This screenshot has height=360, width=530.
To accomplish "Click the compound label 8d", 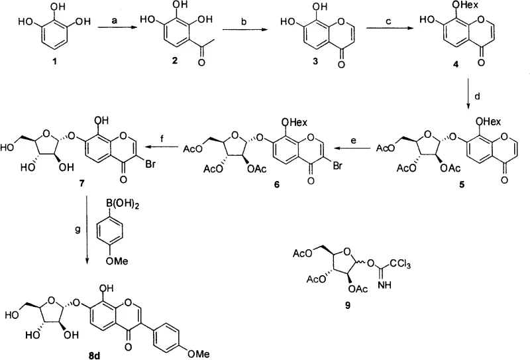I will point(140,354).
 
